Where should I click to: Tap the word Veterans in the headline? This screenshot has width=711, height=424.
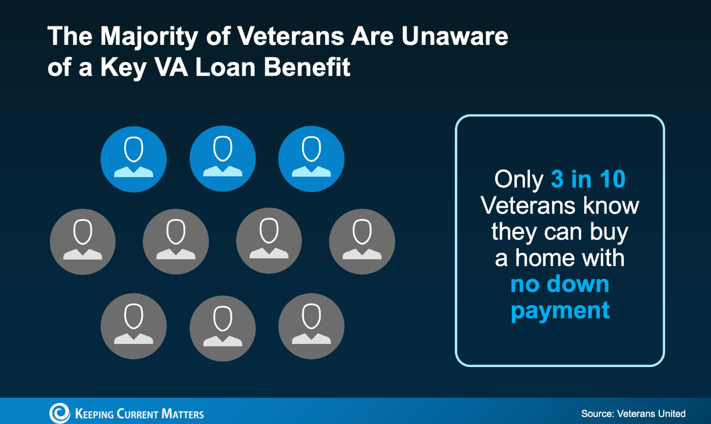pos(291,36)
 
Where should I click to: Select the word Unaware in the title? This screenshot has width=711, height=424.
pos(455,36)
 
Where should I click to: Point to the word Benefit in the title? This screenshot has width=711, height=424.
pos(307,67)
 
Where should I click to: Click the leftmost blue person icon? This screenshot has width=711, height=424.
pos(134,159)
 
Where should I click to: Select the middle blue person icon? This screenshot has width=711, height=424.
pos(222,159)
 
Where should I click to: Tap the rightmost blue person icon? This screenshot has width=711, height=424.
pos(312,159)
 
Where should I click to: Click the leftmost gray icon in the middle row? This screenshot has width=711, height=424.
pos(83,241)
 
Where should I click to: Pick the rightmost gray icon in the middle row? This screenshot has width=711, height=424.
pos(362,241)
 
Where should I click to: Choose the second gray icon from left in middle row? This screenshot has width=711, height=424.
pos(176,241)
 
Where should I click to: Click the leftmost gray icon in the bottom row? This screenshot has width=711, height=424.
pos(134,326)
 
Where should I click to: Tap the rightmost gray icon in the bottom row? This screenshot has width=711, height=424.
pos(312,326)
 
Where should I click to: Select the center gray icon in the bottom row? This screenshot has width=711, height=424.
pos(222,328)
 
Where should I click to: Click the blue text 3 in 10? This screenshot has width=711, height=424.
pos(588,179)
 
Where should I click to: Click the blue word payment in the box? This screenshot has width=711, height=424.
pos(560,311)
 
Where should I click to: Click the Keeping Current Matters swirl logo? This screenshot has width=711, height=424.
pos(60,413)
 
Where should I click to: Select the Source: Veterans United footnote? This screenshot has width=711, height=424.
pos(633,413)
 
